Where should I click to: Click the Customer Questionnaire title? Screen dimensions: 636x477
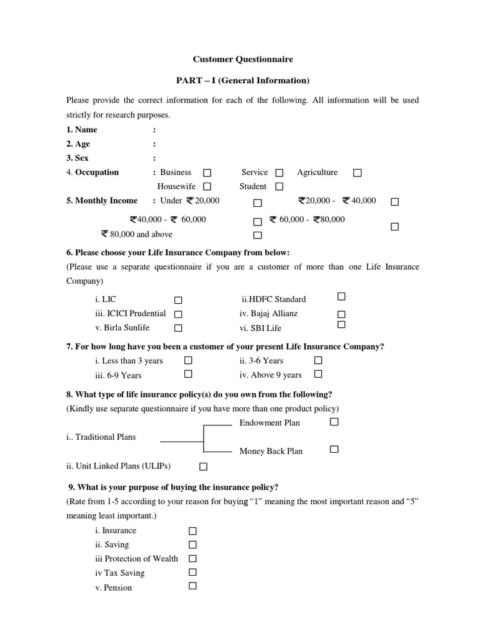(x=243, y=60)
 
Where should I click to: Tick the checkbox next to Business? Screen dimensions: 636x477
(x=207, y=173)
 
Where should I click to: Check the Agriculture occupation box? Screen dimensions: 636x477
(x=357, y=173)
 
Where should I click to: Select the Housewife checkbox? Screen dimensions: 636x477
(x=207, y=186)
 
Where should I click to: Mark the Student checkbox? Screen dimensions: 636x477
(x=279, y=186)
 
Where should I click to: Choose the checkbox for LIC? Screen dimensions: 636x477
(x=178, y=300)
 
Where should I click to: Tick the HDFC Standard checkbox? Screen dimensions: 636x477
(x=341, y=297)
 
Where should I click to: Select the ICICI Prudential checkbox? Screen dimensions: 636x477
(x=178, y=314)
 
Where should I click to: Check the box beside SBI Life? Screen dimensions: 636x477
(x=341, y=325)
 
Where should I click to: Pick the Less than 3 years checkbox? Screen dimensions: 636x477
(x=188, y=360)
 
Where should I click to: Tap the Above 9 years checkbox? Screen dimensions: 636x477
(x=318, y=374)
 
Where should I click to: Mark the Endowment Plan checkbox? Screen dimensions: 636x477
(x=334, y=422)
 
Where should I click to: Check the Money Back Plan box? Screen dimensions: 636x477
(x=334, y=449)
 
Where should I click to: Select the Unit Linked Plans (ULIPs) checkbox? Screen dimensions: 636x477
(x=203, y=466)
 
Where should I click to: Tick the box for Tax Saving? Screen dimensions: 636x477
(x=193, y=572)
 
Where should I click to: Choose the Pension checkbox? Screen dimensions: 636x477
(x=193, y=586)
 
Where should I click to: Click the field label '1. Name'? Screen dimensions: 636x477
(x=82, y=130)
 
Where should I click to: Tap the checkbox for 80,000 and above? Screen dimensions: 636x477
(x=257, y=235)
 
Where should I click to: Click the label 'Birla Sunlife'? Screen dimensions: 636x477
(x=122, y=328)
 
